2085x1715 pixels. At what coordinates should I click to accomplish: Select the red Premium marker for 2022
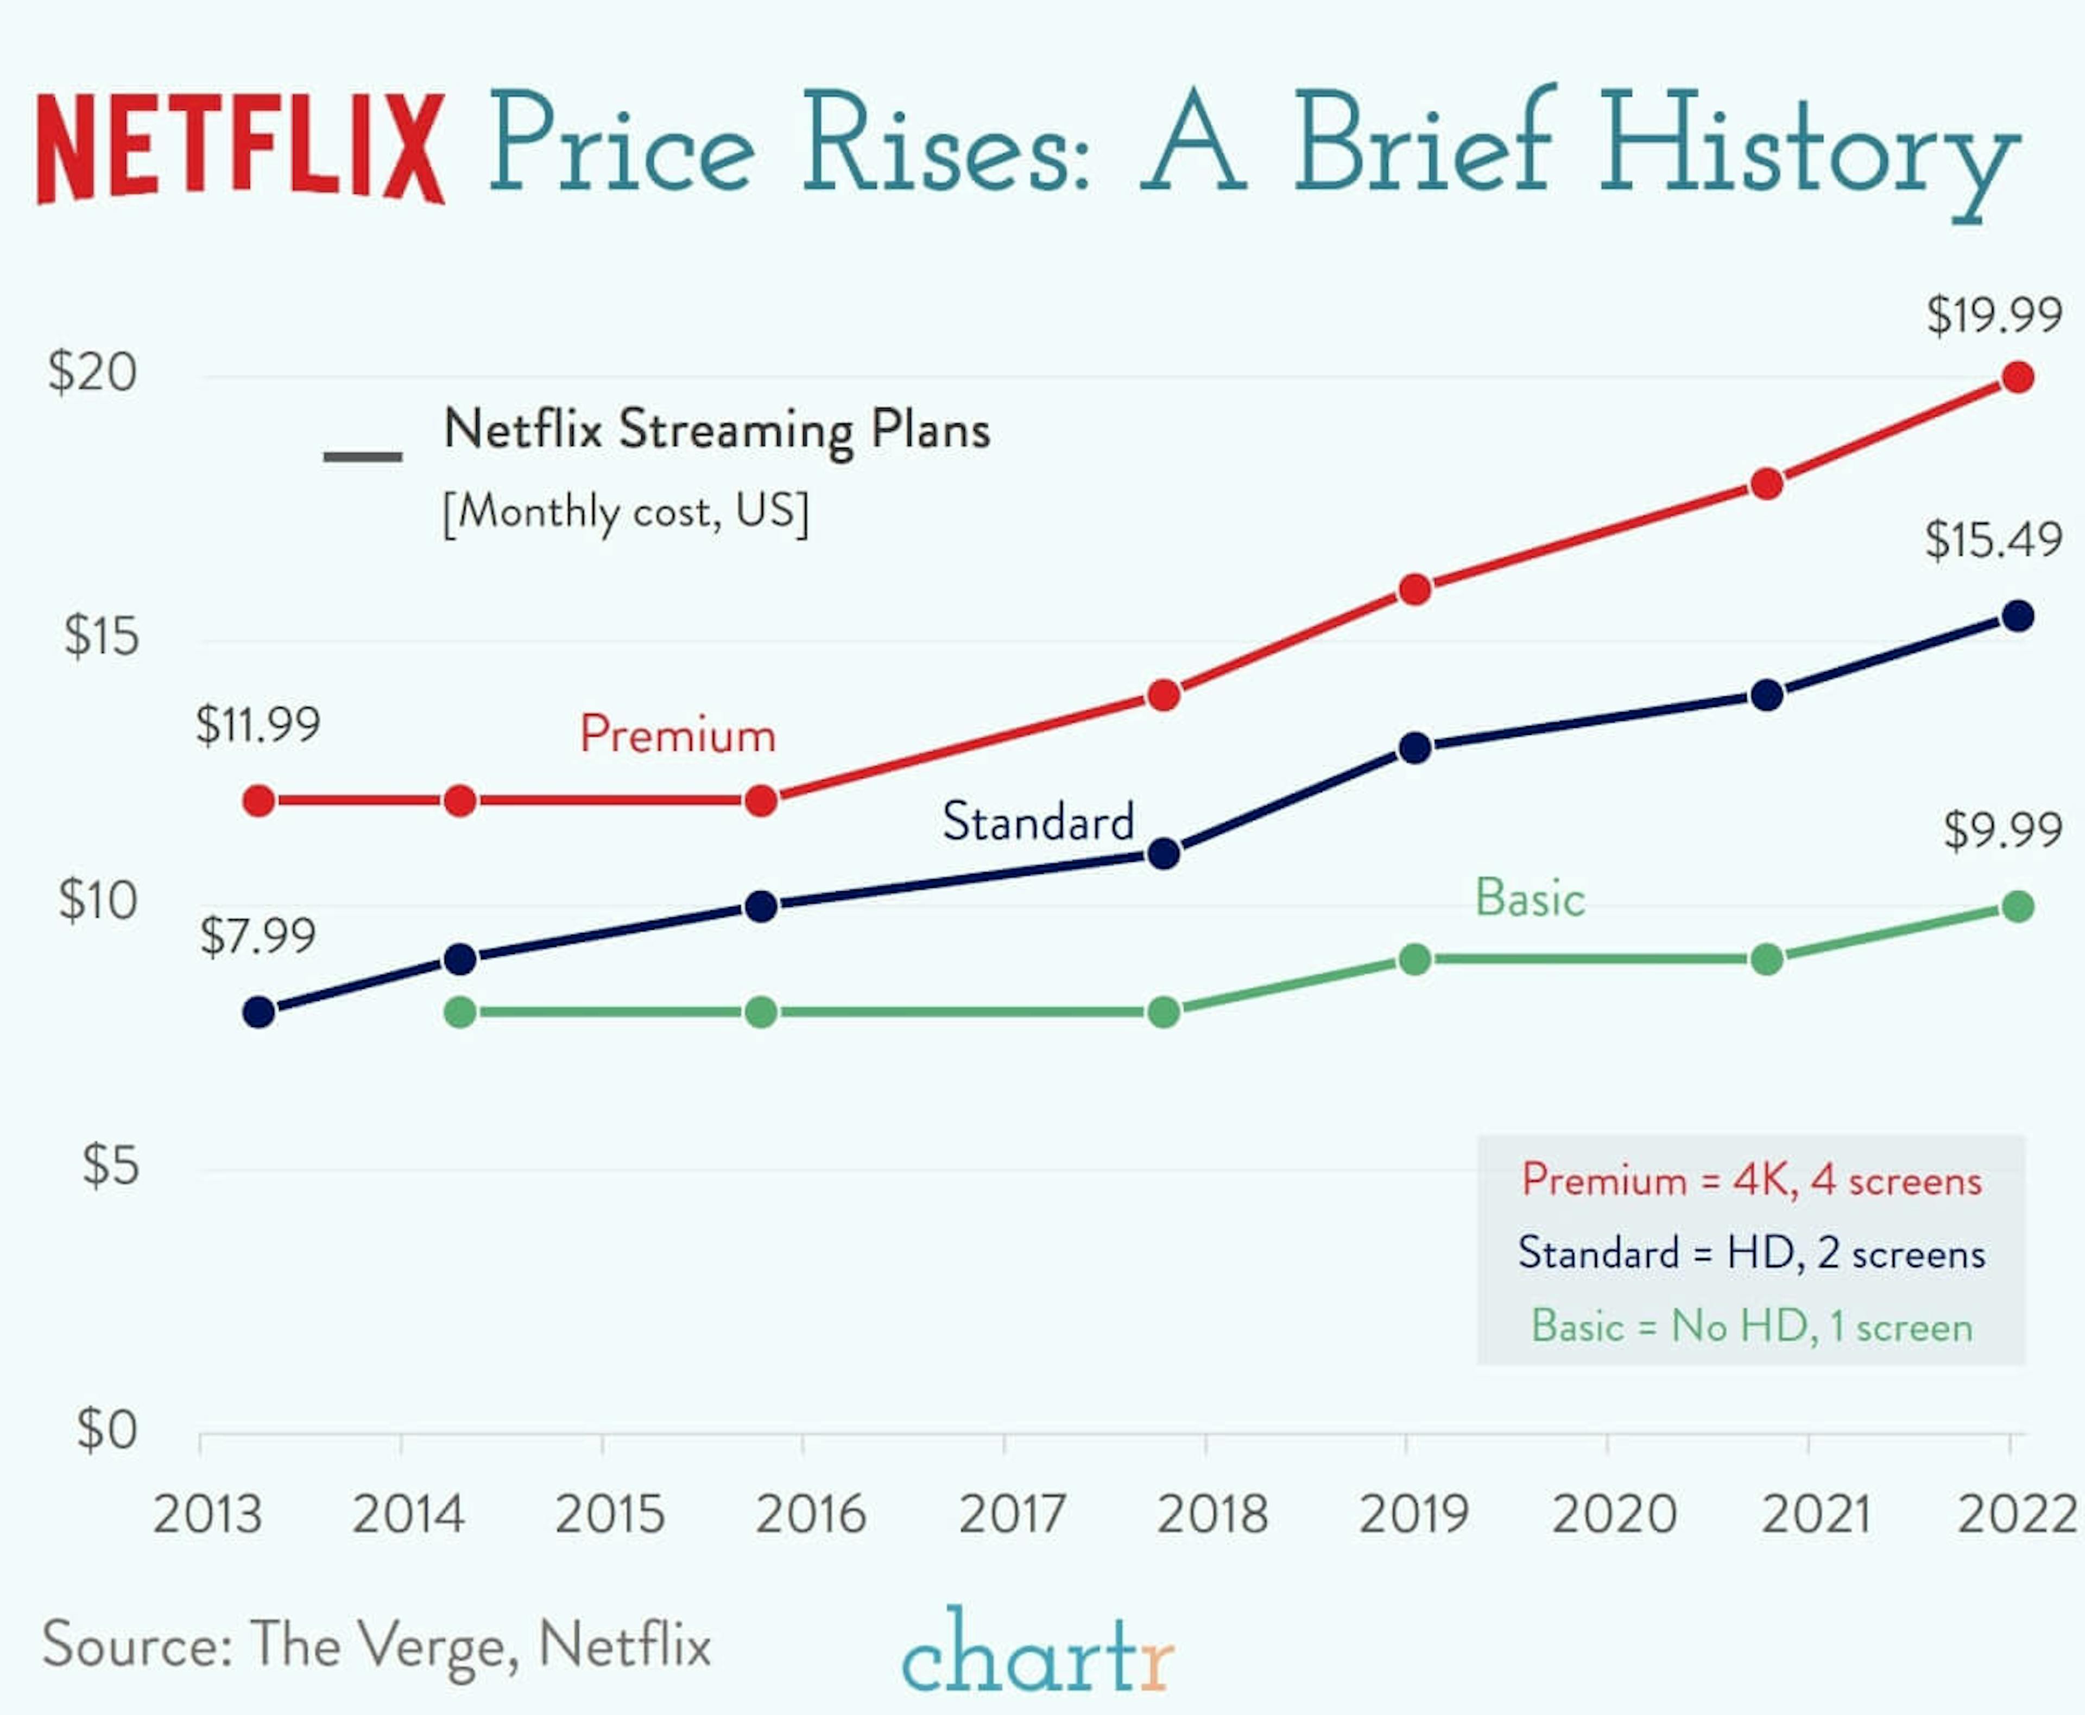coord(2017,377)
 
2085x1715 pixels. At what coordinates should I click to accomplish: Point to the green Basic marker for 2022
coord(2017,906)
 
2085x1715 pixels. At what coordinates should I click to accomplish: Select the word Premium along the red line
coord(678,735)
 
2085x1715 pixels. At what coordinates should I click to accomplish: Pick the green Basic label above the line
coord(1530,898)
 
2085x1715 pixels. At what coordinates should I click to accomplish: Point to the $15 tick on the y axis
coord(101,636)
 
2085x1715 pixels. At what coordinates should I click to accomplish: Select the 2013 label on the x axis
coord(207,1514)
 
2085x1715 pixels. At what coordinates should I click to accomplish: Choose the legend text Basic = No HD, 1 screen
coord(1751,1326)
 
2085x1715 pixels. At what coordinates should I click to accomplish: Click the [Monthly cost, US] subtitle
coord(625,512)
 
